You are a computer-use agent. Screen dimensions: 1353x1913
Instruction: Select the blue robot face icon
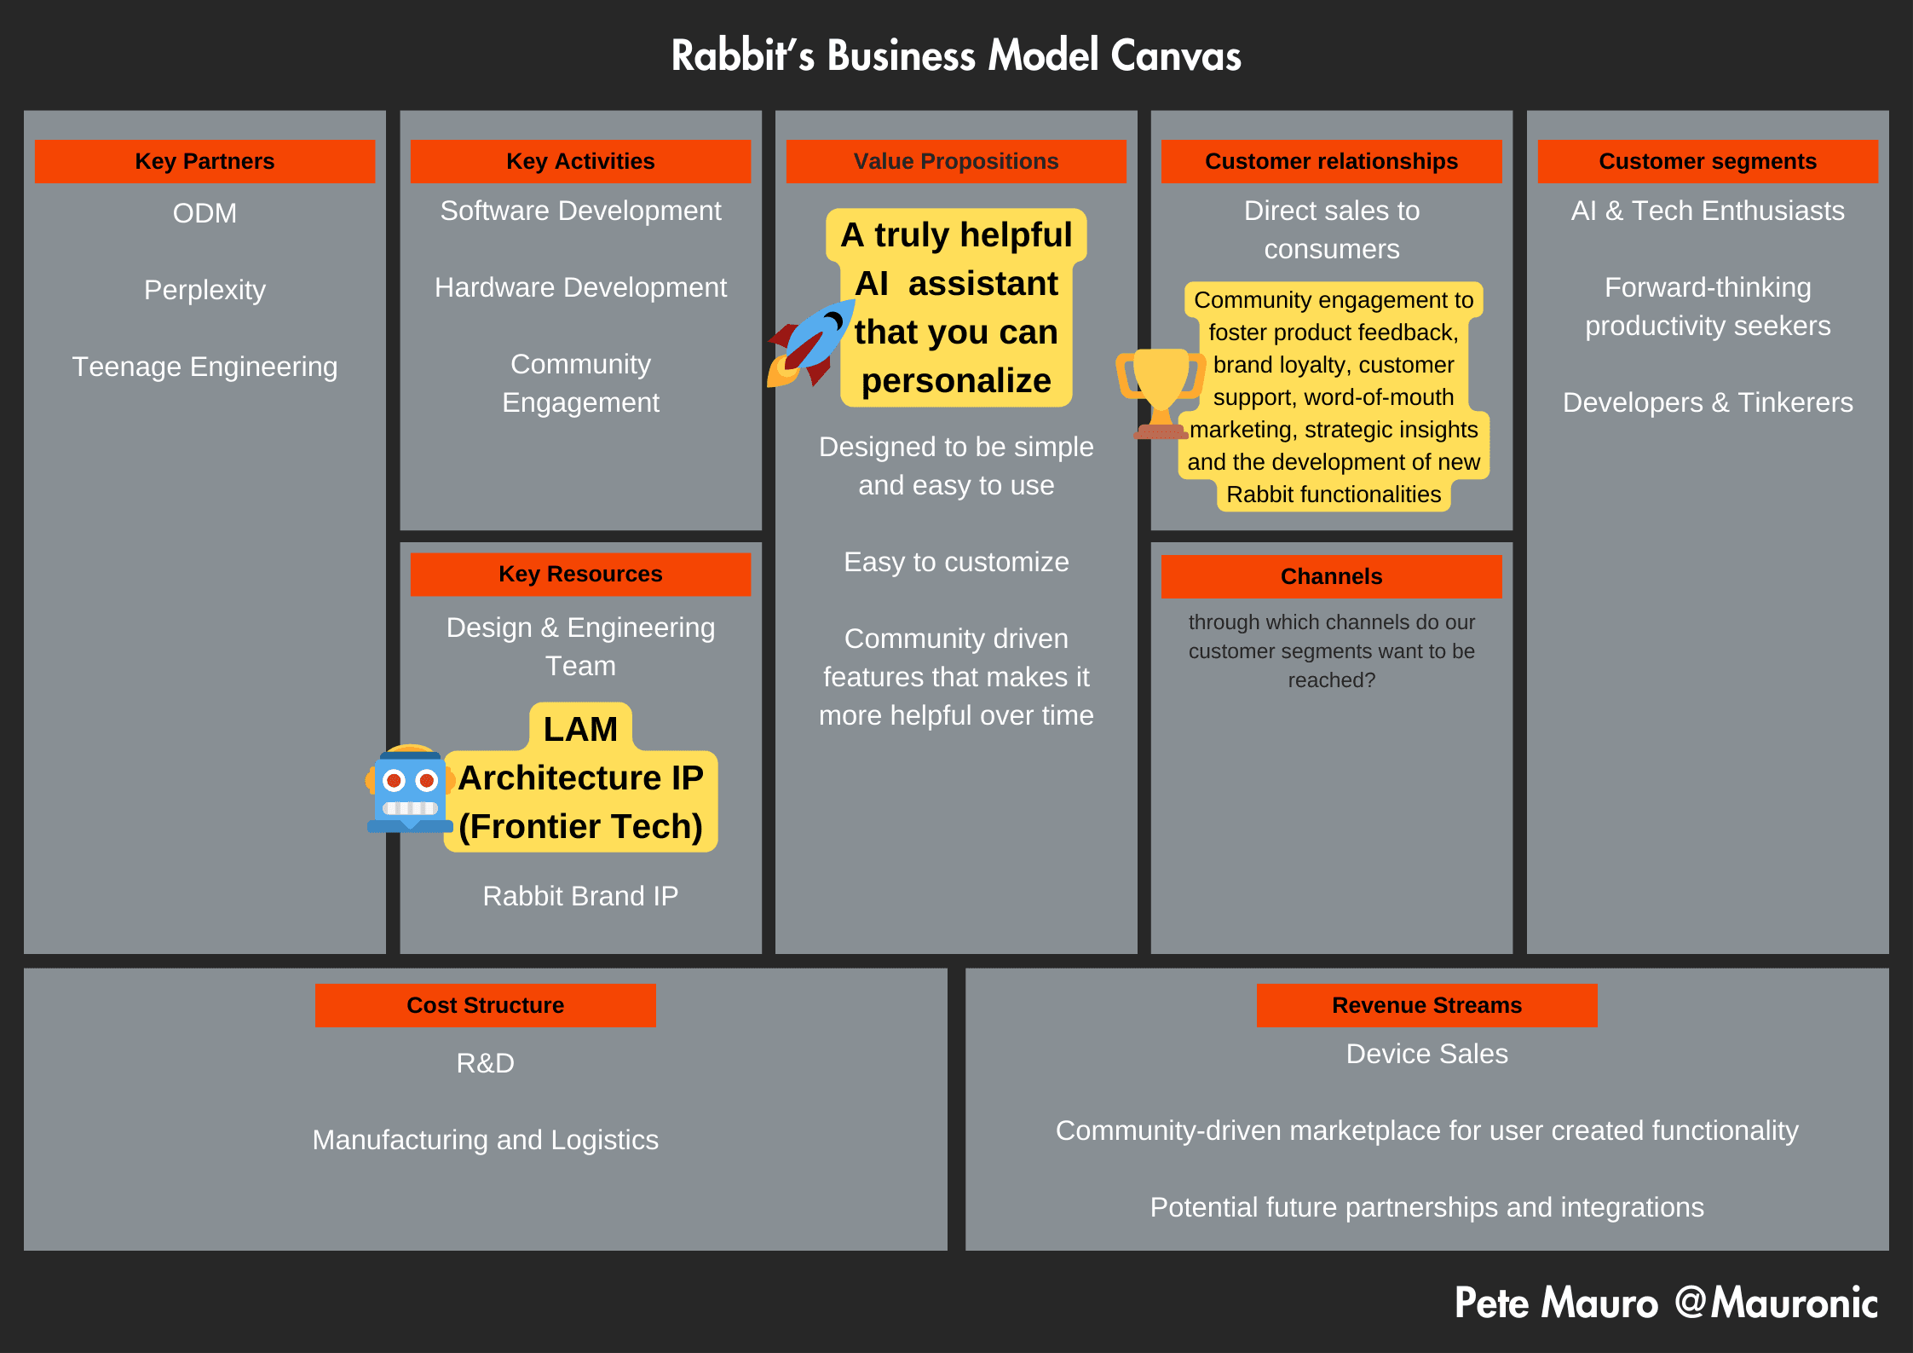click(410, 789)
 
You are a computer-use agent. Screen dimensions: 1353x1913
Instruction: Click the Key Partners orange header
click(205, 161)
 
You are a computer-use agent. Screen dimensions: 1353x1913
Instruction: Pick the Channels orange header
click(1331, 576)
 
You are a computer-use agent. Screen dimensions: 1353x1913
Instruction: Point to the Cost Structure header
click(485, 1005)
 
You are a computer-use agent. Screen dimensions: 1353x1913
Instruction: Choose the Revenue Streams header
click(1426, 1005)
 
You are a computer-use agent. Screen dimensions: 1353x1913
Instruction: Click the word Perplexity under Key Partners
click(205, 290)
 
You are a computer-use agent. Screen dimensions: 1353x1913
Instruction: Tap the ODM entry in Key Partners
click(205, 213)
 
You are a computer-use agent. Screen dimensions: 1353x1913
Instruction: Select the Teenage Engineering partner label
click(205, 367)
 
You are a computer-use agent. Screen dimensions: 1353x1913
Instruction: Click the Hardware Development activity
click(580, 287)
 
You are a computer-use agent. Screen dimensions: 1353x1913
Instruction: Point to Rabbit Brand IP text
click(580, 896)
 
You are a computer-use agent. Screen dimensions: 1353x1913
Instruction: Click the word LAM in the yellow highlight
click(580, 729)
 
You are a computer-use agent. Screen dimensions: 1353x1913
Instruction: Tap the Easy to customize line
click(956, 562)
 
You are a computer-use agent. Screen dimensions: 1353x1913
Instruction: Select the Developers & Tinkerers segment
click(1708, 402)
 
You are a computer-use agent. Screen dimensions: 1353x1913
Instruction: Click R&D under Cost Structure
click(485, 1063)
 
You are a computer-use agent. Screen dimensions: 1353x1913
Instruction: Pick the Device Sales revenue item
click(1426, 1054)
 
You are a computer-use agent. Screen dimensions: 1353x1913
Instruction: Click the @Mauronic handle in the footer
click(1776, 1303)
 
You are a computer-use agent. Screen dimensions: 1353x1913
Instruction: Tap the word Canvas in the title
click(1175, 56)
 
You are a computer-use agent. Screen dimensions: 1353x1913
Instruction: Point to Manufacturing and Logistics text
click(485, 1140)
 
